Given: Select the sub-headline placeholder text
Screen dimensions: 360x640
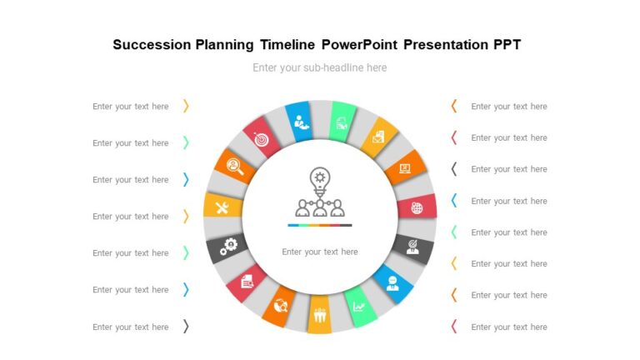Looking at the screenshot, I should [320, 67].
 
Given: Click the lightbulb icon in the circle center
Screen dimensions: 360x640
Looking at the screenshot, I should [320, 178].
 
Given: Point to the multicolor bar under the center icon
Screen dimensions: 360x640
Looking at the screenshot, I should [320, 225].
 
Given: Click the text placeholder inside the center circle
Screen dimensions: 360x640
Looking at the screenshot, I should [320, 252].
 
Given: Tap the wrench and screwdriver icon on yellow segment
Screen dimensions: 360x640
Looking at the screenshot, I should [222, 207].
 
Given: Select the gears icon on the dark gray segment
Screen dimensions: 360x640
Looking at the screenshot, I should [227, 246].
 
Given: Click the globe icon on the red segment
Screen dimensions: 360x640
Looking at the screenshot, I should [417, 207].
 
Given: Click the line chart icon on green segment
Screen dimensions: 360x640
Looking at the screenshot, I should [359, 306].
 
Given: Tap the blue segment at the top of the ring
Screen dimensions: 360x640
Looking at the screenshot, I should [299, 122].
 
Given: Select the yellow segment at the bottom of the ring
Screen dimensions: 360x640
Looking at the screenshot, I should [320, 316].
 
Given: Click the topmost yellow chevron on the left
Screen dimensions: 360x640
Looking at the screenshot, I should [186, 106].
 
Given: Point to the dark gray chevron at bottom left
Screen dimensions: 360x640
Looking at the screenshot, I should [186, 327].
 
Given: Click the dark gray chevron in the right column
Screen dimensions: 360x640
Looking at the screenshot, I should [453, 169].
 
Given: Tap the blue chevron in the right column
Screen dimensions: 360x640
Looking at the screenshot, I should [453, 201].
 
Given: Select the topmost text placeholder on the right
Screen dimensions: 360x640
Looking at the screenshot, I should [508, 106].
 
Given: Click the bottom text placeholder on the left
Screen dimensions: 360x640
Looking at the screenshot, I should [131, 327].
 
